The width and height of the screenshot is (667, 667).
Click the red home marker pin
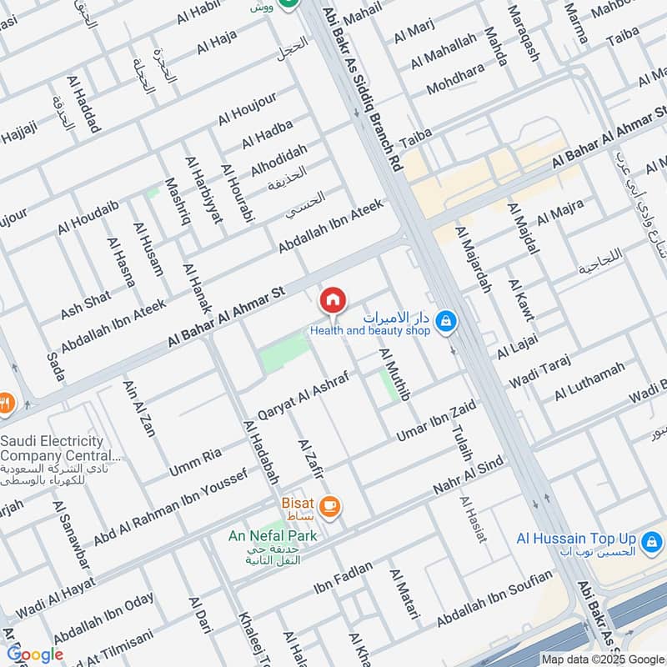coord(333,299)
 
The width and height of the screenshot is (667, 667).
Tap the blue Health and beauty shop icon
coord(447,320)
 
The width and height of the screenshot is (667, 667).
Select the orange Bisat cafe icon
coord(330,505)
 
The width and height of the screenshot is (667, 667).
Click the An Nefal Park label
coord(273,535)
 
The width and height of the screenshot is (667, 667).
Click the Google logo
coord(35,654)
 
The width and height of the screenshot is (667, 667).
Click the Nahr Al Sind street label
coord(467,478)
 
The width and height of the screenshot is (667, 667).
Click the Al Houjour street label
coord(248,112)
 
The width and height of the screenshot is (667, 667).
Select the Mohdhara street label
coord(455,77)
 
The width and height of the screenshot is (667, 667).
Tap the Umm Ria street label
coord(195,462)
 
